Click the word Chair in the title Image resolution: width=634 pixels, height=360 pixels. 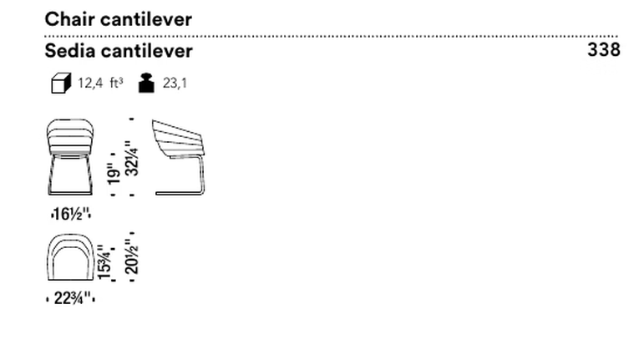tap(69, 19)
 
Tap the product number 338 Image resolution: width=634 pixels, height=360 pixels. tap(604, 50)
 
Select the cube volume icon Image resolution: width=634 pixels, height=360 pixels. tap(61, 83)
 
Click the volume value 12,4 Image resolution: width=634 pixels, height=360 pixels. tap(90, 84)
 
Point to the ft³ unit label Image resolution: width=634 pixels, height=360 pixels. tap(116, 83)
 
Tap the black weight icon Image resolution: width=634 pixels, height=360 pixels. tap(146, 83)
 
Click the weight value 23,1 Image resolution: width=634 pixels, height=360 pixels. tap(175, 84)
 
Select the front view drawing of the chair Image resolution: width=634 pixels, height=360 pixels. tap(70, 157)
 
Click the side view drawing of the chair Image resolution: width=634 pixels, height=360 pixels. tap(178, 157)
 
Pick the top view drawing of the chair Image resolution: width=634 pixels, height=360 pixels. tap(71, 257)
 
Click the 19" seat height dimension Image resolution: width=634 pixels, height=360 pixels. tap(114, 174)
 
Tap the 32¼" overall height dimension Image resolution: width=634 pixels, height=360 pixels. tap(132, 158)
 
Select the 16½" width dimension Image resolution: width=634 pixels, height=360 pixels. tap(71, 214)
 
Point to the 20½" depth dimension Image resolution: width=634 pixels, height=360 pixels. tap(132, 257)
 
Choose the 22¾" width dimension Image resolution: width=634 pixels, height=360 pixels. tap(71, 298)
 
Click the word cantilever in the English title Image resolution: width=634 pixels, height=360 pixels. tap(146, 19)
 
